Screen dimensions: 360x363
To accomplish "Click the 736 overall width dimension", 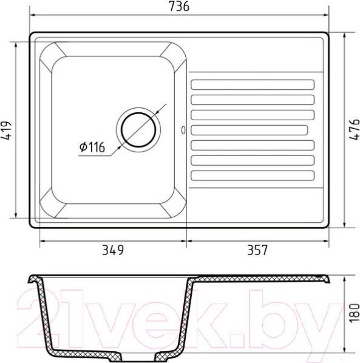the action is pos(179,6).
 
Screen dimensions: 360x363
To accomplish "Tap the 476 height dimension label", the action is pos(354,129).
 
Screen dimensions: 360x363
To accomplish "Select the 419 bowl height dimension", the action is pos(6,131).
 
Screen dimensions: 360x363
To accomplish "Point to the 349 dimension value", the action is pos(113,250).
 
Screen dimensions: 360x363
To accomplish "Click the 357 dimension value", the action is pos(257,250).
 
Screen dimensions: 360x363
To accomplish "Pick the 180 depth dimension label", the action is pos(354,313).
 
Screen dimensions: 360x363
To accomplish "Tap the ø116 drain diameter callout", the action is pos(92,147).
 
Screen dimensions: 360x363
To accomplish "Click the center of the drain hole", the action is pos(138,130).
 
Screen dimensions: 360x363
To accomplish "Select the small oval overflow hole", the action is pos(183,130).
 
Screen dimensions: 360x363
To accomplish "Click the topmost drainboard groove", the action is pos(253,85).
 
